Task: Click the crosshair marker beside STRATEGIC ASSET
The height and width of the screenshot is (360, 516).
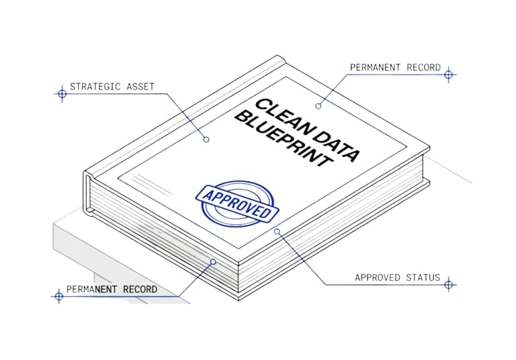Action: [62, 94]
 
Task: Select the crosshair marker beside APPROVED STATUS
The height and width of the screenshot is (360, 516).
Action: [449, 285]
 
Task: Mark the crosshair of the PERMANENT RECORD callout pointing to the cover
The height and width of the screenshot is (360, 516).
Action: [449, 75]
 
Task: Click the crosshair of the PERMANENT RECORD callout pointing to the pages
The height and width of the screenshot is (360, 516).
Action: [58, 296]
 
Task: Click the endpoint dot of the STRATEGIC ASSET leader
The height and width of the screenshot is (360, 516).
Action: [207, 139]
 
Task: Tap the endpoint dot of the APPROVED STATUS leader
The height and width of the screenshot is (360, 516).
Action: [277, 232]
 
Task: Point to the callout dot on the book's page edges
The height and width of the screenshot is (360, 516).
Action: [213, 262]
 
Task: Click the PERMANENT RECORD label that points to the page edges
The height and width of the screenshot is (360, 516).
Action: [112, 289]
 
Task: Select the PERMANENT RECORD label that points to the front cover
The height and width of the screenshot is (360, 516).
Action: [395, 67]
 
